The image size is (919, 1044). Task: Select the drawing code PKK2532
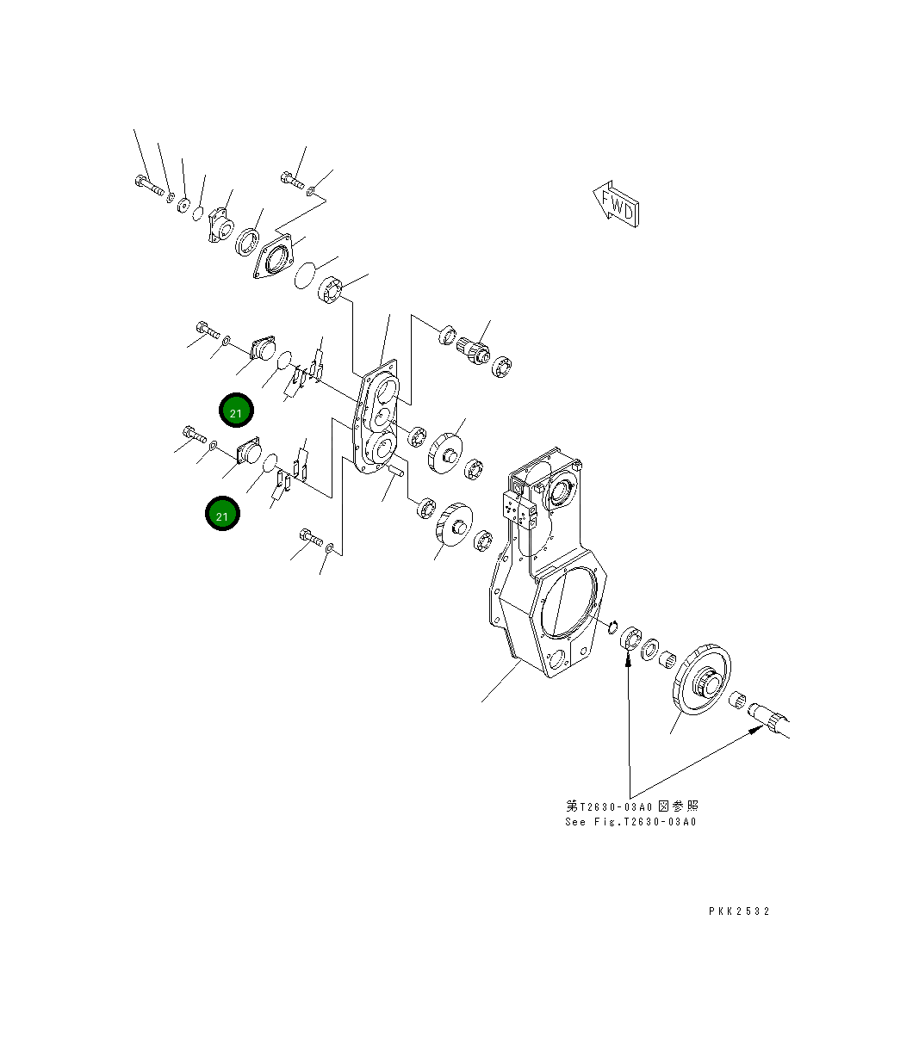pos(739,911)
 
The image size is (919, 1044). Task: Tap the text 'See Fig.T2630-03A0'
pos(630,822)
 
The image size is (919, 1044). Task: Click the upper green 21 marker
pos(236,411)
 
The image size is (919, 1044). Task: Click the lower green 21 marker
pos(222,515)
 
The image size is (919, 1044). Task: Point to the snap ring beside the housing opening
pos(612,625)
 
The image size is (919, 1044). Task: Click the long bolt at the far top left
pos(147,185)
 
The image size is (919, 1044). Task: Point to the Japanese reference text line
pos(631,806)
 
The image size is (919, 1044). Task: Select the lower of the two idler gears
pos(453,525)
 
